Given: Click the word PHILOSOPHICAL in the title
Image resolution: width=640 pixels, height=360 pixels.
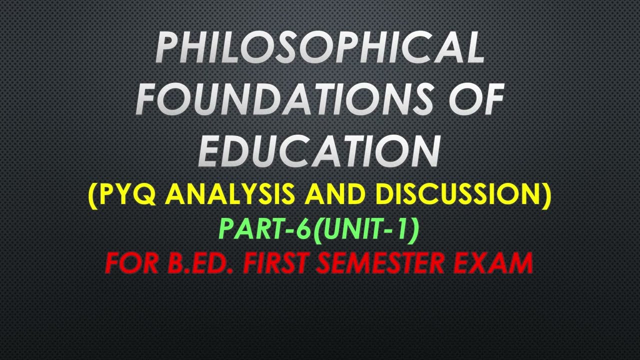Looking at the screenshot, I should [x=320, y=48].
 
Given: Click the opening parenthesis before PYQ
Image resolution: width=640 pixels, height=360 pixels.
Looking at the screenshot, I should [x=93, y=195].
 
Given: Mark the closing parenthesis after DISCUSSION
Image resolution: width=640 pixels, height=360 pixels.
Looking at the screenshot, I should [x=546, y=195].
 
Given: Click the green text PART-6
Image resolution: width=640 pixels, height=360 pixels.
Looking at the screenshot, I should [x=265, y=229].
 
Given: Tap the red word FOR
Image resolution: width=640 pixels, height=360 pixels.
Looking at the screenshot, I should [x=131, y=263].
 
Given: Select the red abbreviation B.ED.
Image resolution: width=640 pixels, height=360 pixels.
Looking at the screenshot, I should [x=200, y=263].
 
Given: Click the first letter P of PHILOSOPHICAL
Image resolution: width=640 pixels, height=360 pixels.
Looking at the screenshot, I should [x=167, y=48].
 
